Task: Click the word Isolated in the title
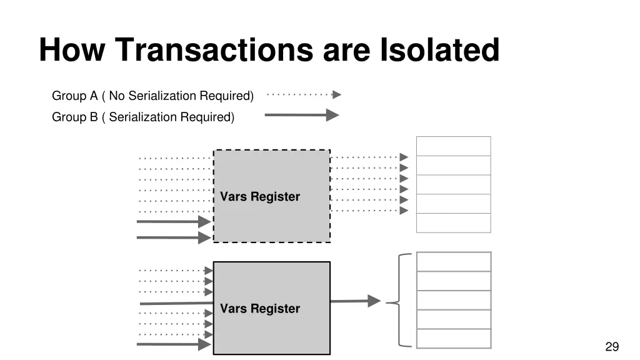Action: (x=439, y=50)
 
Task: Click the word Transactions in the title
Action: (x=215, y=50)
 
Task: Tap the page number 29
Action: (x=611, y=347)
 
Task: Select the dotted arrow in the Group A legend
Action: (x=304, y=95)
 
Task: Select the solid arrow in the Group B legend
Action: (x=302, y=115)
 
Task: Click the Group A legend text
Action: (x=152, y=96)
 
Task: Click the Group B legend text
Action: (x=143, y=117)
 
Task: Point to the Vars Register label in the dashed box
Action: (x=260, y=197)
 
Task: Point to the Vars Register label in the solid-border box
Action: (x=260, y=309)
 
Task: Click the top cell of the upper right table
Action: (x=454, y=146)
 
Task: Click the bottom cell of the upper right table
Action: (x=454, y=223)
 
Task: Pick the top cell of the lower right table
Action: (x=454, y=262)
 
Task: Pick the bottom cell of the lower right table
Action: (x=454, y=338)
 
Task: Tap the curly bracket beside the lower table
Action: (x=399, y=301)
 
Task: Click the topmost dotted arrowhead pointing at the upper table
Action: (x=404, y=157)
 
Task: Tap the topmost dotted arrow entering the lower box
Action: (x=175, y=271)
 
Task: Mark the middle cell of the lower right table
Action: (x=454, y=300)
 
